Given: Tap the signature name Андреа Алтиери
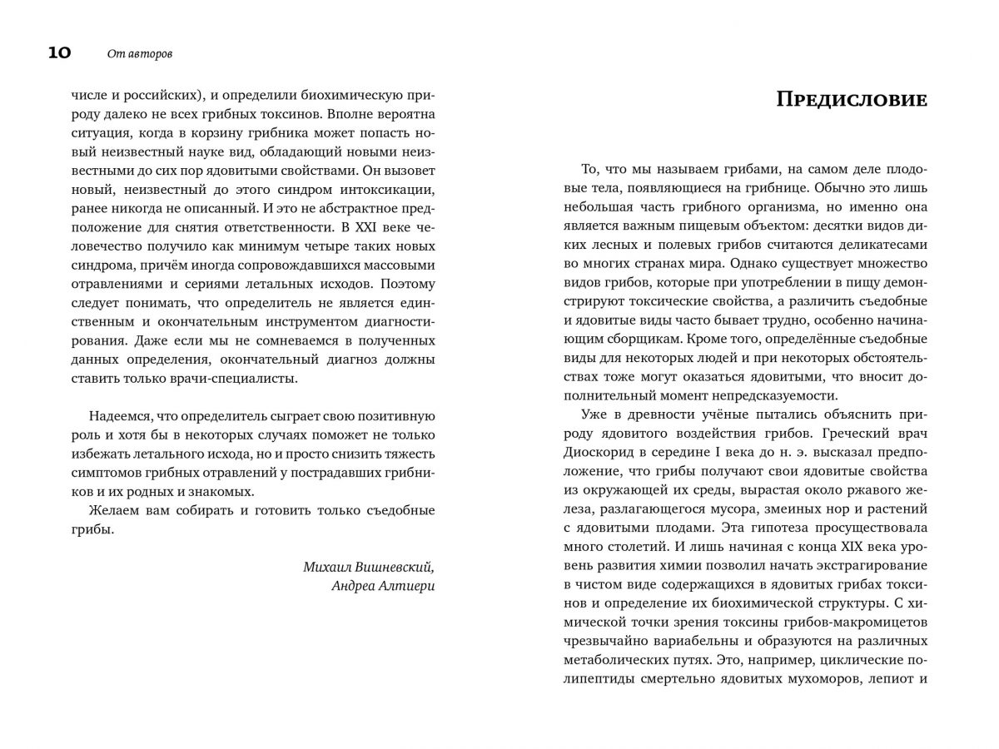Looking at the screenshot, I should [382, 587].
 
